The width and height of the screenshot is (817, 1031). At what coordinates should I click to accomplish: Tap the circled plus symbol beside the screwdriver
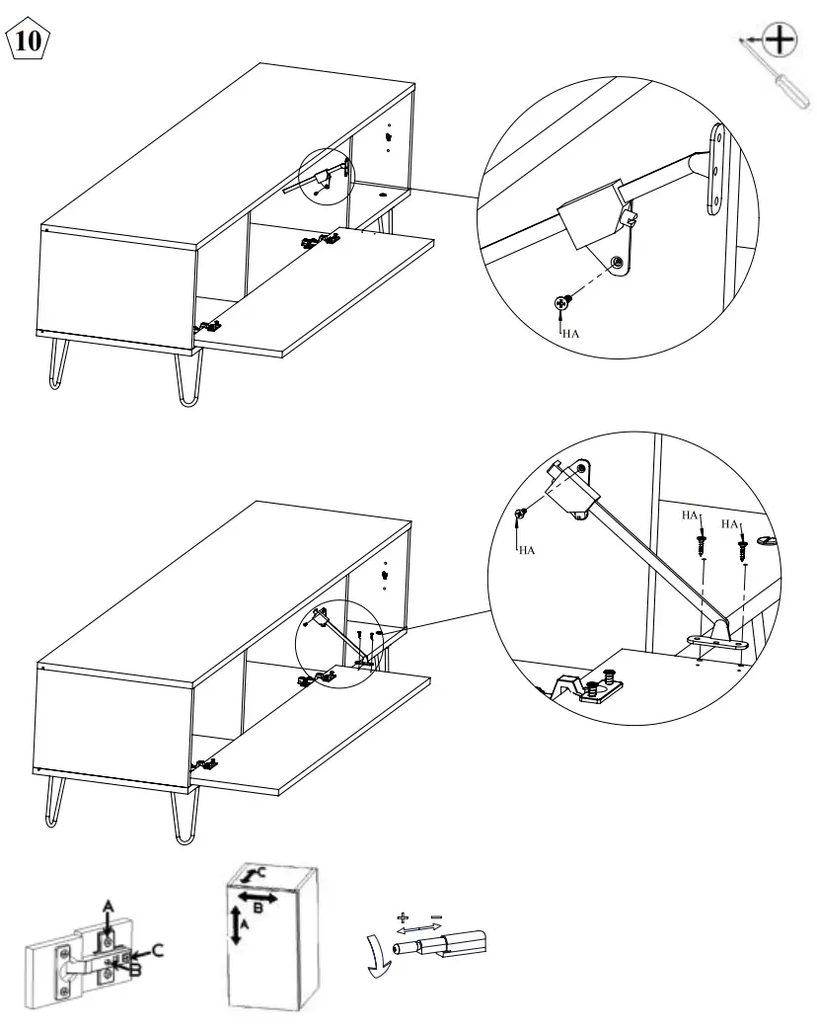(780, 40)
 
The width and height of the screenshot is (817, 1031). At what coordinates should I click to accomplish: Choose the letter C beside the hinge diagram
(155, 950)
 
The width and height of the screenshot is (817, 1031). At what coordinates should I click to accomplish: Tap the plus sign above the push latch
(402, 917)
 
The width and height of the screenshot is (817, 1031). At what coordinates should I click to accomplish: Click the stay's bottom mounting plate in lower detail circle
(715, 643)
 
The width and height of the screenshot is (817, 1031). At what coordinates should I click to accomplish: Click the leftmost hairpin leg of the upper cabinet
(51, 369)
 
